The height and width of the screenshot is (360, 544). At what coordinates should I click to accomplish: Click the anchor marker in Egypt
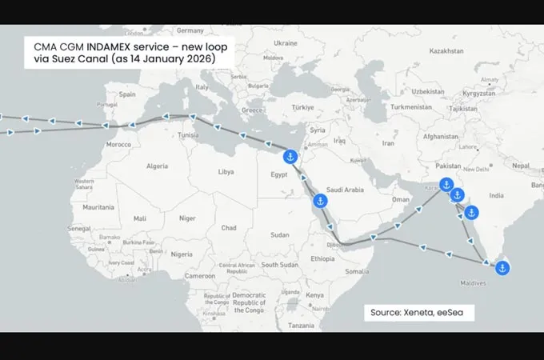click(x=290, y=155)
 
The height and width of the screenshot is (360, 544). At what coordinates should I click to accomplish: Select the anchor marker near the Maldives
click(x=502, y=268)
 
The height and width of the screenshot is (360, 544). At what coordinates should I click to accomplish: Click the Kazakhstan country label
click(x=446, y=50)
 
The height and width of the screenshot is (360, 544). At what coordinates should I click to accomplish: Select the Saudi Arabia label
click(x=346, y=190)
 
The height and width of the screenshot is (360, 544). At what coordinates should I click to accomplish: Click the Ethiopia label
click(x=323, y=258)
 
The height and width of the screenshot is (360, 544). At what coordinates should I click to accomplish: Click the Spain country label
click(x=127, y=94)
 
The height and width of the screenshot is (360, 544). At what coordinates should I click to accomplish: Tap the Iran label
click(x=389, y=143)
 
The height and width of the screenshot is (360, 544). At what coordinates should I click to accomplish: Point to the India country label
click(x=496, y=194)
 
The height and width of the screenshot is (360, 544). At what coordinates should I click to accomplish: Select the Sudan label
click(x=279, y=234)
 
